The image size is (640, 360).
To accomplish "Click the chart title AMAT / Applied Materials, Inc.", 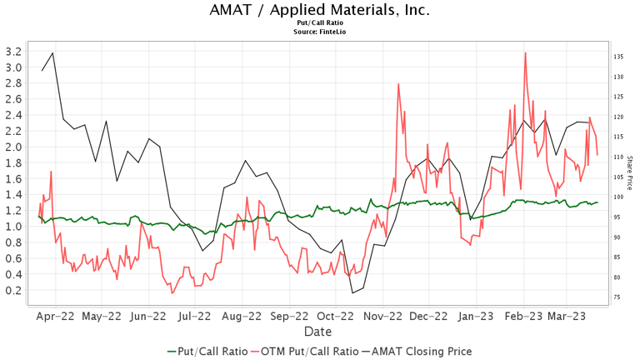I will point(320,10).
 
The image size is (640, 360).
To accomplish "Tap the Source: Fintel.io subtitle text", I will point(320,32).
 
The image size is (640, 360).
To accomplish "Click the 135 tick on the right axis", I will point(619,57).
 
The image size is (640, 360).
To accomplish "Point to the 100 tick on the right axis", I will point(619,197).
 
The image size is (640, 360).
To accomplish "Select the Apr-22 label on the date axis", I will point(56,317).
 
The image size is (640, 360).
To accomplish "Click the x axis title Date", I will point(320,332).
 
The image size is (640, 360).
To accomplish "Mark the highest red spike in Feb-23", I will point(525,52).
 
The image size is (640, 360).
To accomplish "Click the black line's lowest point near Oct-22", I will point(352,292).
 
